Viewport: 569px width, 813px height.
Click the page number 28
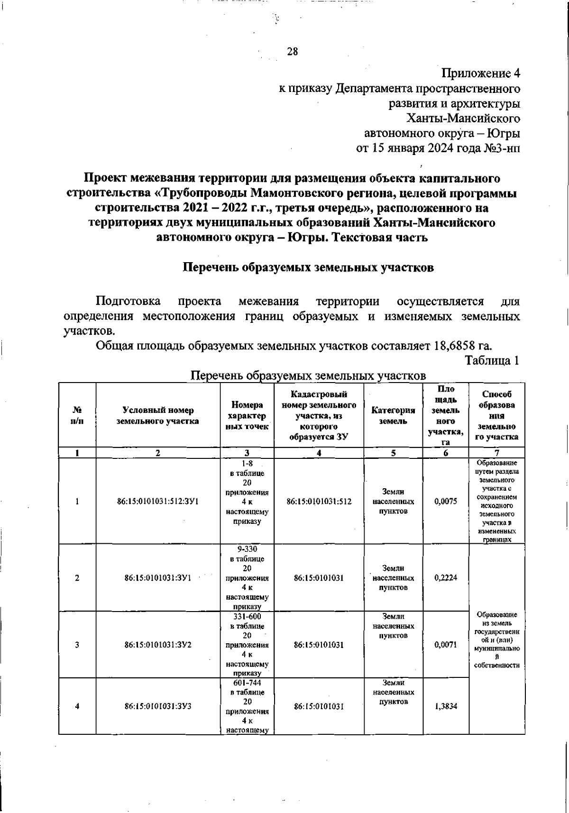pyautogui.click(x=293, y=52)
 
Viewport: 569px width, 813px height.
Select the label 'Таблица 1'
pyautogui.click(x=492, y=360)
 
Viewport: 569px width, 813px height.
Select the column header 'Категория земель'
pyautogui.click(x=393, y=415)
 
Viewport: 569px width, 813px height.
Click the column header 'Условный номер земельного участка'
pyautogui.click(x=158, y=415)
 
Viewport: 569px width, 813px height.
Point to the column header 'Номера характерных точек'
pyautogui.click(x=247, y=415)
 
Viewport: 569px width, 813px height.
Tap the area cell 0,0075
pyautogui.click(x=446, y=501)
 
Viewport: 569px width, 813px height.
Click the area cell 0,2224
pyautogui.click(x=446, y=578)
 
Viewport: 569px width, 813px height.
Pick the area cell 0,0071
pyautogui.click(x=446, y=645)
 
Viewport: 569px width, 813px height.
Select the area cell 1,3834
pyautogui.click(x=446, y=706)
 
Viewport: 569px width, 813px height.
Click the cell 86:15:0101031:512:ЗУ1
pyautogui.click(x=158, y=501)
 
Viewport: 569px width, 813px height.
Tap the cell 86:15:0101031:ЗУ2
pyautogui.click(x=158, y=645)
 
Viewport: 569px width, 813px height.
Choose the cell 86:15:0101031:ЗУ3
pyautogui.click(x=158, y=706)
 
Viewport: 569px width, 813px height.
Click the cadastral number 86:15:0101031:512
pyautogui.click(x=319, y=501)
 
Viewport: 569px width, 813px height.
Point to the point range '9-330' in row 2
pyautogui.click(x=247, y=549)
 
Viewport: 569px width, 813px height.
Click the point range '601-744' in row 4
pyautogui.click(x=247, y=683)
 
